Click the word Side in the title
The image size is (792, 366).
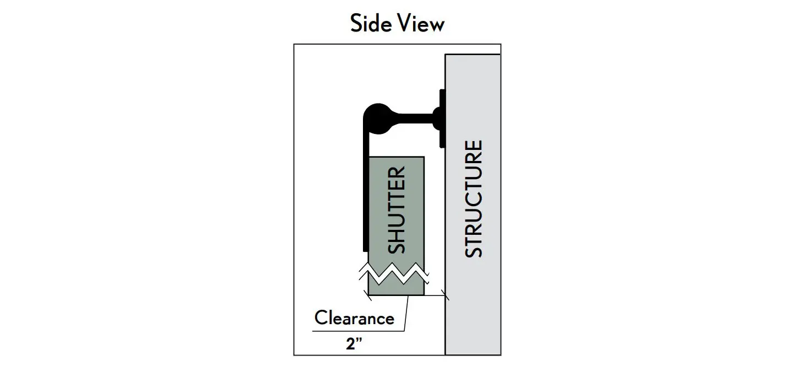point(370,24)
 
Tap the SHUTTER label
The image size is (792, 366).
point(397,209)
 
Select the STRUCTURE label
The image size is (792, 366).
point(474,198)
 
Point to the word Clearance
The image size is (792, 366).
point(354,318)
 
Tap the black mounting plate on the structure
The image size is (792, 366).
point(442,119)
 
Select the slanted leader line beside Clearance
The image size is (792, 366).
point(406,314)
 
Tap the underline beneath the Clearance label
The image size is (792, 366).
point(358,331)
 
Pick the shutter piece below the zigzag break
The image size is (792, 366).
point(397,287)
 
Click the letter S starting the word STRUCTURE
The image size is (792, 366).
point(474,249)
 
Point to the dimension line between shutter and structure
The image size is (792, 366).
point(435,296)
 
